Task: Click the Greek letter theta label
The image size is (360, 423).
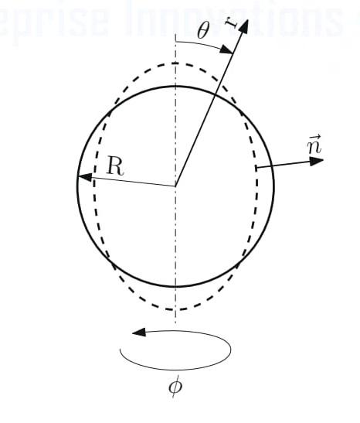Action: [x=202, y=31]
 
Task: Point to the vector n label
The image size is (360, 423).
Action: [x=293, y=145]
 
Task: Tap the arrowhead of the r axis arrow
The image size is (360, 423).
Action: [x=243, y=25]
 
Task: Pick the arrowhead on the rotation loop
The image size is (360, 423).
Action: [x=139, y=333]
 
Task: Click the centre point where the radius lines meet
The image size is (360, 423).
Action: [x=176, y=186]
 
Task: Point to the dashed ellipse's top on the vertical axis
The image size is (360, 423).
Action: [x=176, y=63]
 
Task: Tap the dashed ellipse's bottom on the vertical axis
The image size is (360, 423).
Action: [x=176, y=309]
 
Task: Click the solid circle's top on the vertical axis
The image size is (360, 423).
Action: [x=176, y=86]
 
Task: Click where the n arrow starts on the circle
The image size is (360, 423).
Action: [x=256, y=166]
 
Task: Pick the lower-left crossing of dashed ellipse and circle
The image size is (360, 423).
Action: [x=114, y=261]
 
